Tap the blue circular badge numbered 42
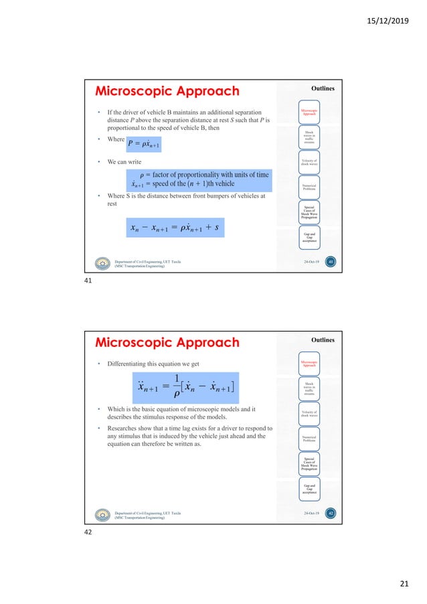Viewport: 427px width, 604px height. pos(331,514)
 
